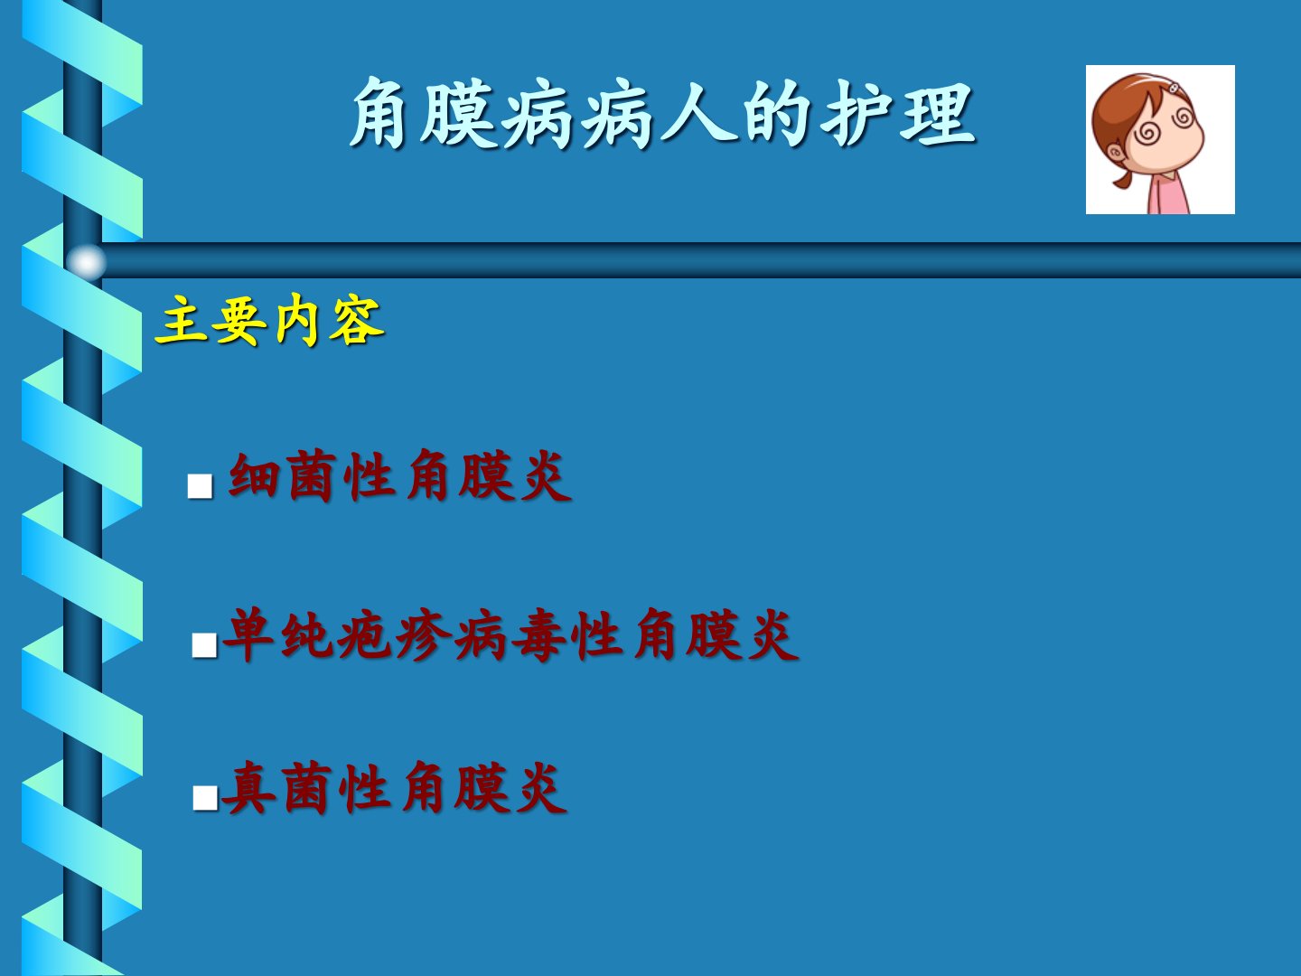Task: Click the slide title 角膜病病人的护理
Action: [x=662, y=113]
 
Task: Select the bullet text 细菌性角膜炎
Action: [x=399, y=476]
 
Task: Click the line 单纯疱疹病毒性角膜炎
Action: [x=510, y=634]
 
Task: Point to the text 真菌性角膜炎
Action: [x=394, y=788]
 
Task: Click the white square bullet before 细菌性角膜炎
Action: [x=200, y=485]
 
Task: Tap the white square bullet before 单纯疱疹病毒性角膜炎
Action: [x=204, y=644]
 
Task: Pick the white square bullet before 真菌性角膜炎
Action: [x=205, y=798]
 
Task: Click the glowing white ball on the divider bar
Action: [x=86, y=261]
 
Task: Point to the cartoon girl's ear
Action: [x=1116, y=155]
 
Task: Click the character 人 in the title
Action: [x=698, y=113]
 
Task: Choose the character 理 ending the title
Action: [x=939, y=113]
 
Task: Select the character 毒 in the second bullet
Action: [x=538, y=634]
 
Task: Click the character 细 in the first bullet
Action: [x=254, y=476]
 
